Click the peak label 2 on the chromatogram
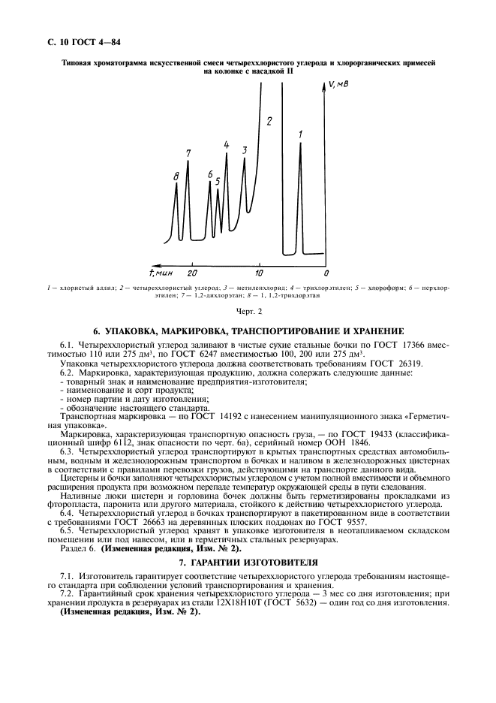click(x=269, y=120)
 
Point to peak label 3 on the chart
click(x=245, y=150)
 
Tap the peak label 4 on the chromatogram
click(x=227, y=144)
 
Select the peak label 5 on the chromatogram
click(x=218, y=181)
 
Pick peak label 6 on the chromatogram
click(x=210, y=174)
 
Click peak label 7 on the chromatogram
click(x=188, y=153)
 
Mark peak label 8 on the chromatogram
click(x=176, y=176)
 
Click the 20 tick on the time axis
click(x=193, y=272)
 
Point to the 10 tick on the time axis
click(x=260, y=272)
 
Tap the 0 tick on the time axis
click(x=326, y=272)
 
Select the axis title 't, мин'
click(x=163, y=271)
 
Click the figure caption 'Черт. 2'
click(x=248, y=311)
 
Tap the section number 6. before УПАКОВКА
click(x=97, y=331)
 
